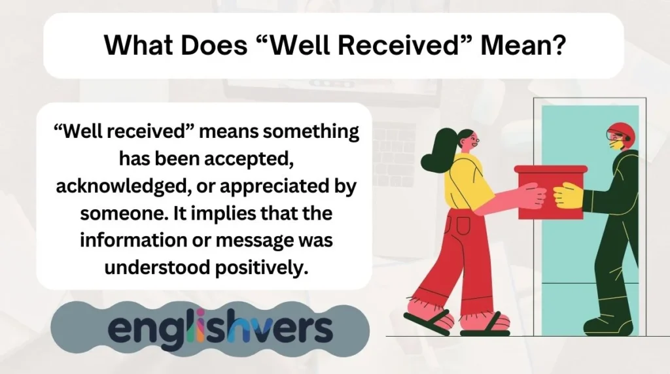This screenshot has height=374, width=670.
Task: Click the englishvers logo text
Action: pos(220,328)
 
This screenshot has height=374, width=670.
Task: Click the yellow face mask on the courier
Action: pos(615,144)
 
